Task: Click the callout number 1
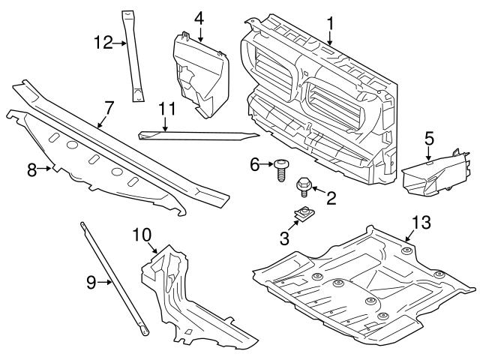[330, 23]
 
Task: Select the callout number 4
[199, 16]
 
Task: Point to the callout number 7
[109, 108]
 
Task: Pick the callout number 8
[31, 170]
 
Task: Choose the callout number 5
[429, 137]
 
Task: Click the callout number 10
[142, 234]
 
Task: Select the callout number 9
[90, 282]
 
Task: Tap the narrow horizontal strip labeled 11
[199, 136]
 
